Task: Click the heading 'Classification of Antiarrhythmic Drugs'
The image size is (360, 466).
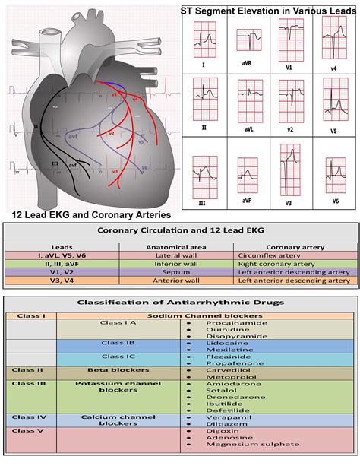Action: coord(179,302)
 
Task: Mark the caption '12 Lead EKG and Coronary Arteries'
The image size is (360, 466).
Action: coord(91,215)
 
